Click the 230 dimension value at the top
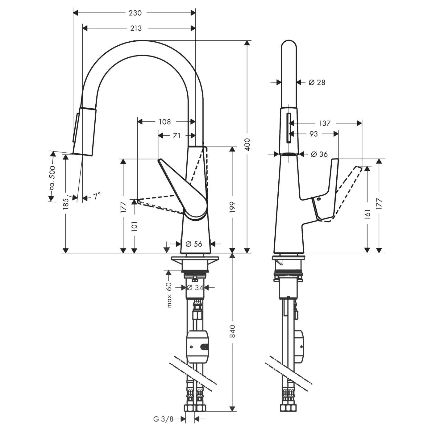pos(135,13)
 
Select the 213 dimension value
pos(136,28)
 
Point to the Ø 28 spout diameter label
pos(317,82)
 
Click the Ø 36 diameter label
pos(319,154)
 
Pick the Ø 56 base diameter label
pos(194,244)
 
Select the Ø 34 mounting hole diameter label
pos(195,288)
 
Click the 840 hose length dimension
pos(232,331)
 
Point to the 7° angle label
pos(97,196)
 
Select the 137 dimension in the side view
pos(325,123)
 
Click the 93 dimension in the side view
pos(314,134)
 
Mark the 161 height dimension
pos(367,213)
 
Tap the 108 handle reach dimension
pos(165,122)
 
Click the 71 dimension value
pos(177,135)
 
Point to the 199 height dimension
pos(232,207)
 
